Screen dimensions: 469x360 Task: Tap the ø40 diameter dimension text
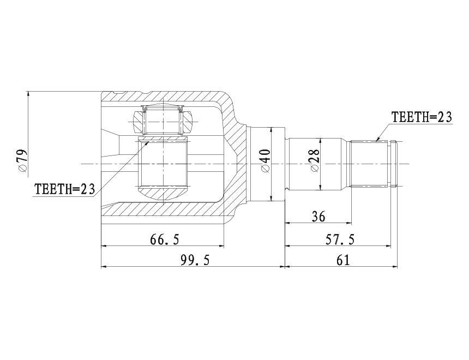(x=266, y=160)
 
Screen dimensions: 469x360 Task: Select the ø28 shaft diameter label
(x=315, y=160)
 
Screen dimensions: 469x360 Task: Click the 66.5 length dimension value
(x=165, y=239)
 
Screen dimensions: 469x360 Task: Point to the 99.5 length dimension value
(x=195, y=260)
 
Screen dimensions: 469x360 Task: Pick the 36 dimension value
(x=318, y=217)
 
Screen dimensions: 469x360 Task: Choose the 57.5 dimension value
(x=340, y=239)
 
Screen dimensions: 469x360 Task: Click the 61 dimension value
(x=343, y=260)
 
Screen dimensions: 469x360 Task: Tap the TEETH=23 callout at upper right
(x=422, y=117)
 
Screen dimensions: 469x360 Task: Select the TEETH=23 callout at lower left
(x=65, y=189)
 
